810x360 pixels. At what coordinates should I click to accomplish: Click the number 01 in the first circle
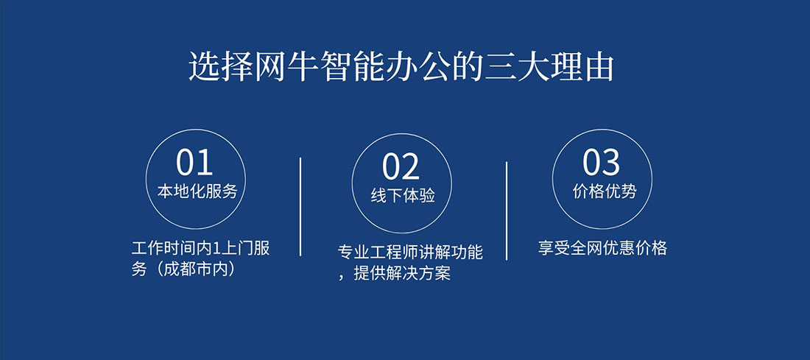[194, 163]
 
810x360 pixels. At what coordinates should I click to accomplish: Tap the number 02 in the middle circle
[401, 167]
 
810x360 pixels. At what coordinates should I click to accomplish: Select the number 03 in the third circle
[601, 163]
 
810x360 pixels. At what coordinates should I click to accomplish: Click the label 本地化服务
[197, 191]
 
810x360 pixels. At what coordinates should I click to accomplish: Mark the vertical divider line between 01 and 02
[300, 206]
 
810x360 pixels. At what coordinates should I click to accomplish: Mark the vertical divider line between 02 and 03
[507, 211]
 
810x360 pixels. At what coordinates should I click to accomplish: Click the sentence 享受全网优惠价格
[602, 248]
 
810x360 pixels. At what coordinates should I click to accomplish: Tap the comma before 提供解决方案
[342, 278]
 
